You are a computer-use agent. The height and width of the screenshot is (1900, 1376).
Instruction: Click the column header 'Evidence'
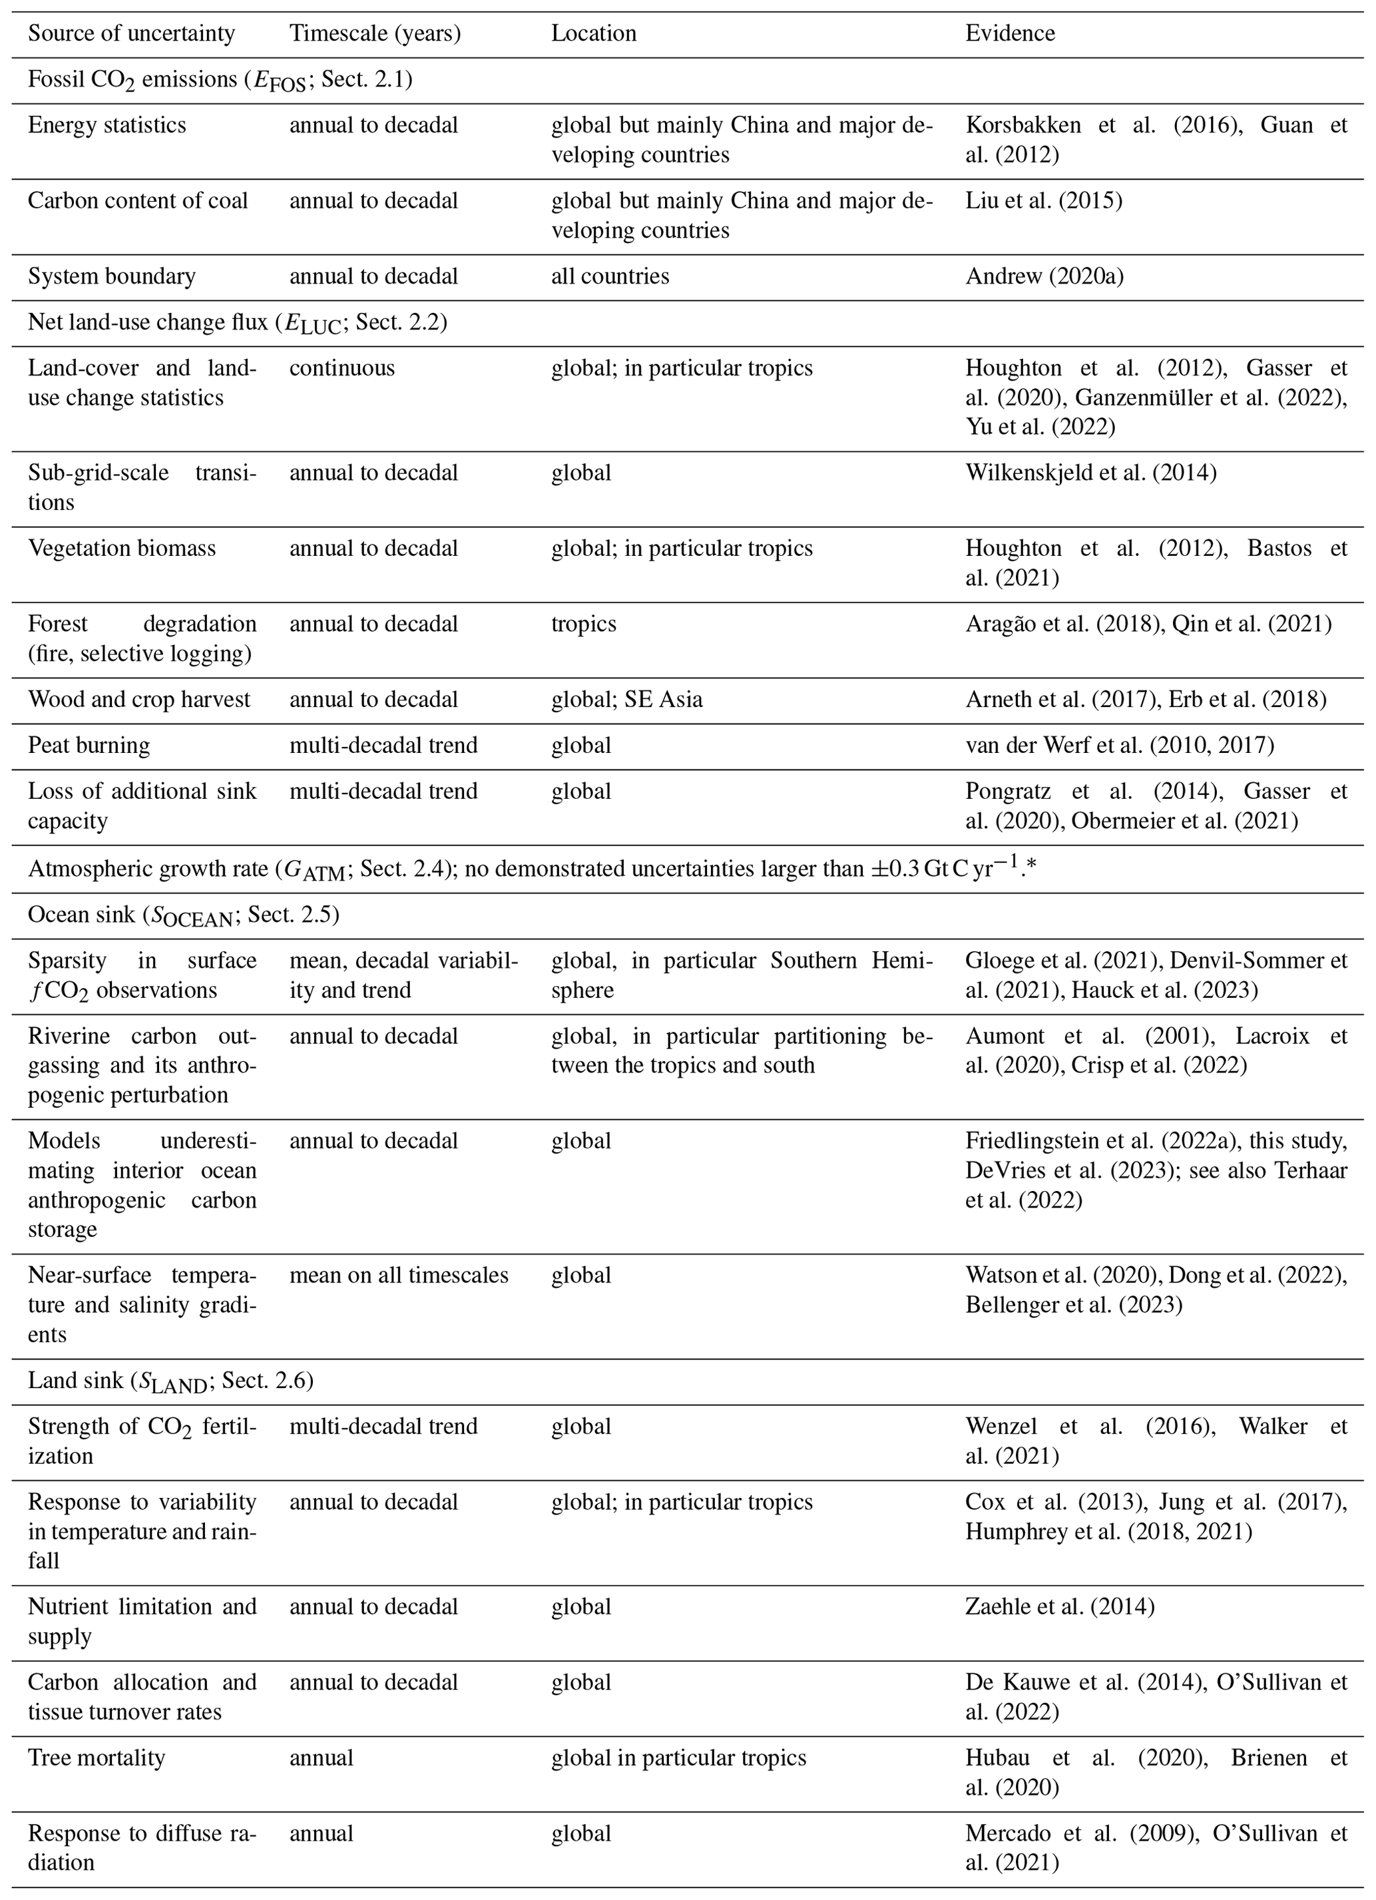pos(1009,33)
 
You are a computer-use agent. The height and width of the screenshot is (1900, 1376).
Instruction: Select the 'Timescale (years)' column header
pos(374,33)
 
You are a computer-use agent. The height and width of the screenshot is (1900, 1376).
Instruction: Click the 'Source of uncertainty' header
pos(132,33)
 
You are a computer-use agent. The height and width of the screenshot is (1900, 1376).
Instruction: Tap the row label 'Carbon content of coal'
pos(137,201)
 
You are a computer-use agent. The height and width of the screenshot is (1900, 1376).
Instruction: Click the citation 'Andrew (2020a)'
pos(1044,276)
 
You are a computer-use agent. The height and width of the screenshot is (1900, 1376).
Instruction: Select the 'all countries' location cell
pos(610,276)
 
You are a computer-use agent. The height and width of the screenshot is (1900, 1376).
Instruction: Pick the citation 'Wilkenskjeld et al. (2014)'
pos(1090,473)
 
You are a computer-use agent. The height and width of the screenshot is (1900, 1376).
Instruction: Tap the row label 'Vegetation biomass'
pos(121,549)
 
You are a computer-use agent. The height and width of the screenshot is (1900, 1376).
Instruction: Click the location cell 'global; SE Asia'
pos(626,700)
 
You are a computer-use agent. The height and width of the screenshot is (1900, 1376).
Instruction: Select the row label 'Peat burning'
pos(89,746)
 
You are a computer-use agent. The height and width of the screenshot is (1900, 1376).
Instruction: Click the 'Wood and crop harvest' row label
pos(139,700)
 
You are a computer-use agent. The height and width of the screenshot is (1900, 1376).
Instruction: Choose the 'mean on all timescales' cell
pos(399,1275)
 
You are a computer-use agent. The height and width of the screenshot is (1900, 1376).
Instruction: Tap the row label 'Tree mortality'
pos(97,1758)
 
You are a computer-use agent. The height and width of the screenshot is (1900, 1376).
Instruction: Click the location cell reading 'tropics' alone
pos(583,624)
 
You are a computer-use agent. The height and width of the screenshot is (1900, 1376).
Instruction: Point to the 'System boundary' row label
pos(111,276)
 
